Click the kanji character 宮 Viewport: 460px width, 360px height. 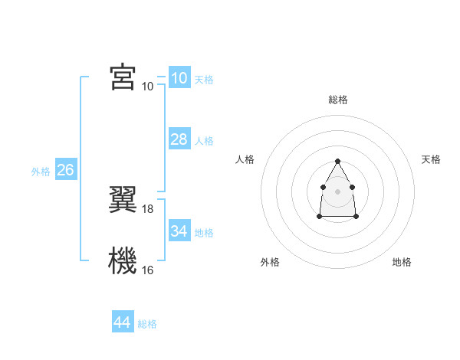(x=123, y=77)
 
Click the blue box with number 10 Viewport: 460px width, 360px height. (x=179, y=78)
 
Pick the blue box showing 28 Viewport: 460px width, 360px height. (x=179, y=139)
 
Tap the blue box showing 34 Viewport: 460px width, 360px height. (x=179, y=231)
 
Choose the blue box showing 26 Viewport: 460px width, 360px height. (x=65, y=170)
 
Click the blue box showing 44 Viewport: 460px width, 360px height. (x=122, y=322)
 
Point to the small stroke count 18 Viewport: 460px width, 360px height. (x=148, y=209)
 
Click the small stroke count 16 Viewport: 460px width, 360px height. (x=148, y=270)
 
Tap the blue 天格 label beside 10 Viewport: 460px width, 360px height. (x=204, y=80)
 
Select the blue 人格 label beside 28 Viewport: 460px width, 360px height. (x=204, y=141)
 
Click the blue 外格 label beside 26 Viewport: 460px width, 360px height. (x=41, y=172)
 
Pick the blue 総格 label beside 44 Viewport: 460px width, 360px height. (x=147, y=324)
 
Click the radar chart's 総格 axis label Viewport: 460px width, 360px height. (x=337, y=100)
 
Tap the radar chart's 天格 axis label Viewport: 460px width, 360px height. (x=432, y=159)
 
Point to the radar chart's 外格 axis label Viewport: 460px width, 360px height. (x=270, y=262)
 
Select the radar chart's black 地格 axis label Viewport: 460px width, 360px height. (x=402, y=262)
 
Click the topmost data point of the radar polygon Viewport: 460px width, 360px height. (x=337, y=162)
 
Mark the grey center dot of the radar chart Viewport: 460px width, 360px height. (x=337, y=191)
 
